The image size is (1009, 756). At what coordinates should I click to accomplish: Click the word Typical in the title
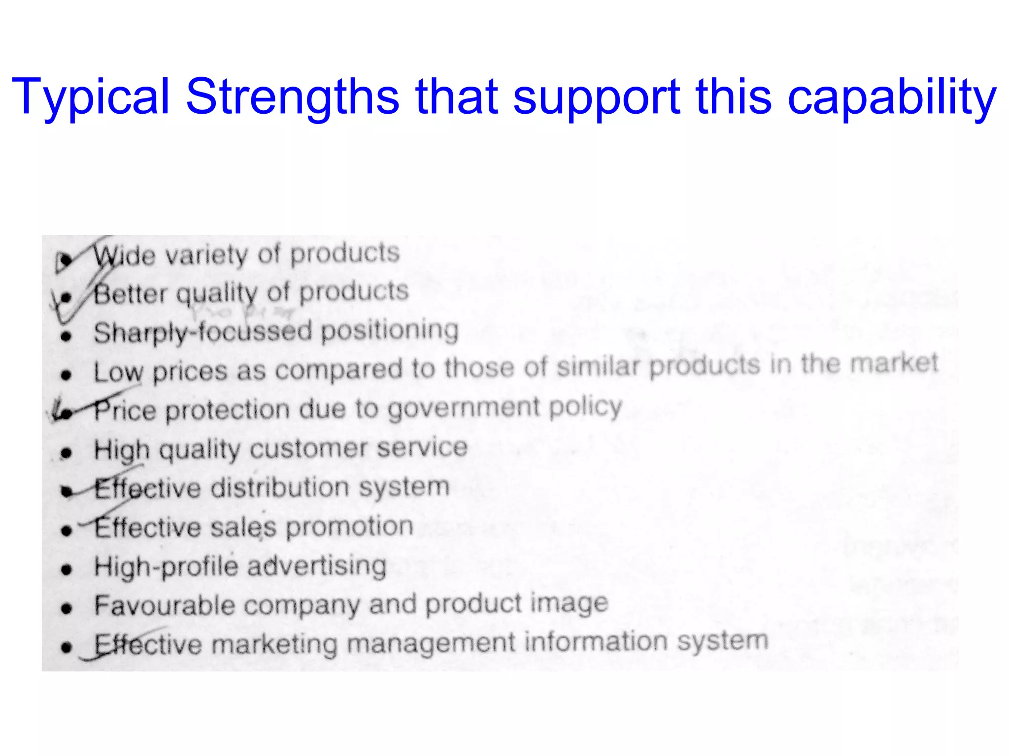point(91,97)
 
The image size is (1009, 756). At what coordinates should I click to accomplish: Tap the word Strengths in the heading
point(292,97)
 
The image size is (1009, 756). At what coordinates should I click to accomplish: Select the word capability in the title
point(892,97)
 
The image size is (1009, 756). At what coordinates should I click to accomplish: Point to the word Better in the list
point(131,294)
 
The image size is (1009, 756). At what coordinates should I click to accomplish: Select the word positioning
point(390,330)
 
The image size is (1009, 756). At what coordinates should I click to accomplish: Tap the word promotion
point(349,527)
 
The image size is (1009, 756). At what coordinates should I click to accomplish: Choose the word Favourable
point(165,605)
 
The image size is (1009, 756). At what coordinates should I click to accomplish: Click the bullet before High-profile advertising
point(67,569)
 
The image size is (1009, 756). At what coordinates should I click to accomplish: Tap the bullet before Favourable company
point(67,608)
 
